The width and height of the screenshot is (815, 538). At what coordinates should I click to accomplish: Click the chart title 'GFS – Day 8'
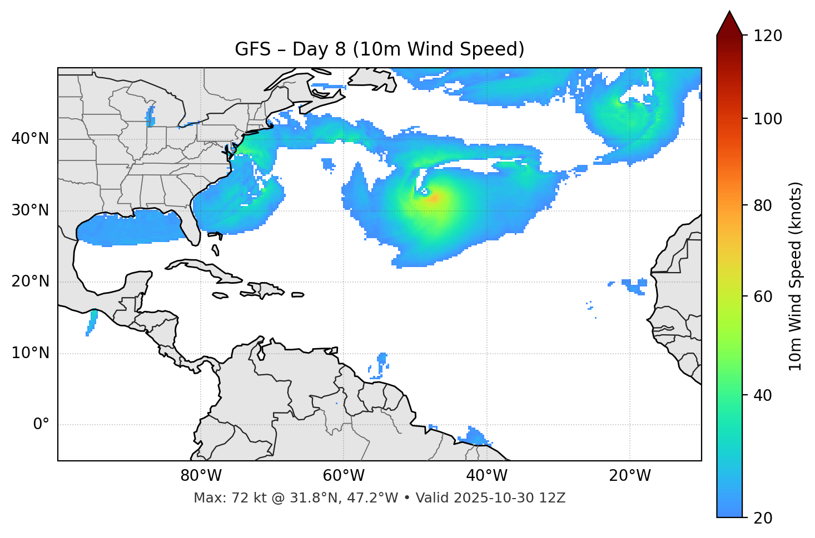(379, 49)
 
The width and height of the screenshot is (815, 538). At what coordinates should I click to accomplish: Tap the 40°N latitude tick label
(30, 138)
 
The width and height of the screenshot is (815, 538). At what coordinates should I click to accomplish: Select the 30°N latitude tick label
(30, 210)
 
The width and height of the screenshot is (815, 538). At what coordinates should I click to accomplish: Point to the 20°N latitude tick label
(30, 281)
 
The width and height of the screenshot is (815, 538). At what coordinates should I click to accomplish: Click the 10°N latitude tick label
(30, 353)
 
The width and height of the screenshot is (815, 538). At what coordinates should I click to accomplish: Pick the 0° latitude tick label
(41, 425)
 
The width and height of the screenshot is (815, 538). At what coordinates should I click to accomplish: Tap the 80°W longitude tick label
(201, 476)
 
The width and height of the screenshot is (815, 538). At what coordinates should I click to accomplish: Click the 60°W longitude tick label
(344, 476)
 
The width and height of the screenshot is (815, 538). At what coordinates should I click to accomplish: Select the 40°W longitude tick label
(486, 476)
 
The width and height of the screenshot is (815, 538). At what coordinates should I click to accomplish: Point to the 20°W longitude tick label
(629, 476)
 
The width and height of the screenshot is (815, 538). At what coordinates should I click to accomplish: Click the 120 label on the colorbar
(768, 36)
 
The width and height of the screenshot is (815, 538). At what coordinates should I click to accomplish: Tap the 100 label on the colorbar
(768, 119)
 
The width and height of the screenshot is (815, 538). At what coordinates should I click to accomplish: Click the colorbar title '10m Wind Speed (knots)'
(796, 276)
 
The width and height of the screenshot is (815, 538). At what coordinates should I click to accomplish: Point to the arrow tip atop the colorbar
(729, 12)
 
